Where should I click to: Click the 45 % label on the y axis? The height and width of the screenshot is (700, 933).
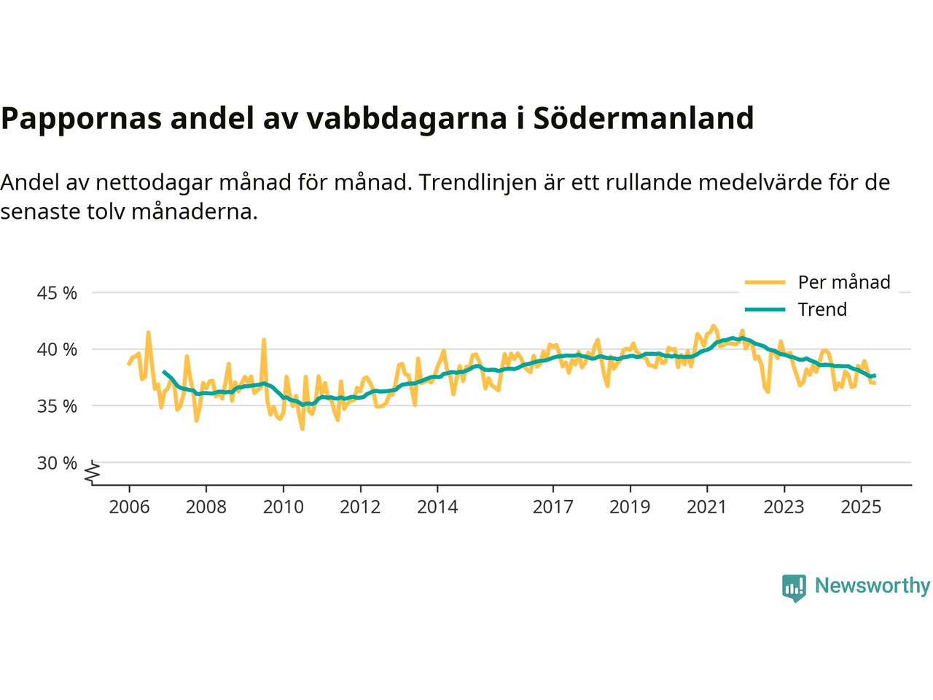[x=57, y=293]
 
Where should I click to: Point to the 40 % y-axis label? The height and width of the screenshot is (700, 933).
[x=57, y=349]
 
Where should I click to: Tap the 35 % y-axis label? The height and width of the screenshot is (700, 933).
[x=57, y=406]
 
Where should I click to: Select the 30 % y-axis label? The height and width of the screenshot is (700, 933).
[x=57, y=463]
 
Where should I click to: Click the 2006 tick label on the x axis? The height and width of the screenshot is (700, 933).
[x=129, y=507]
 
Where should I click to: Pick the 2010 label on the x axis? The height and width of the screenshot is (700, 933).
[x=283, y=507]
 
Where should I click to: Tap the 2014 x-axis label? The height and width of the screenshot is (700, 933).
[x=437, y=507]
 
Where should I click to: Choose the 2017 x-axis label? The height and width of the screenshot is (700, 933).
[x=553, y=507]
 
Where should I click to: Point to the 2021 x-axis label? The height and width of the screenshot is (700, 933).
[x=706, y=507]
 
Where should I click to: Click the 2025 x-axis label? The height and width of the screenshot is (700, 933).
[x=861, y=507]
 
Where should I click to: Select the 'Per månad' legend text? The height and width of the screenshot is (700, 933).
[x=844, y=282]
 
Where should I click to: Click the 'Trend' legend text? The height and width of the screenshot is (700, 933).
[x=822, y=309]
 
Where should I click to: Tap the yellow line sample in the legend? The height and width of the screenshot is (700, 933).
[x=765, y=282]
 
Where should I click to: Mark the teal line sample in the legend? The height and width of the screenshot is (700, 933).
[x=765, y=309]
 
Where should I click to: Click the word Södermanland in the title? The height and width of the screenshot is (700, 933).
[x=644, y=118]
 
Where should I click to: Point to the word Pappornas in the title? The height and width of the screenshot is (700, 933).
[x=81, y=118]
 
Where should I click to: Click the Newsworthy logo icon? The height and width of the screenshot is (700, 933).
[x=794, y=587]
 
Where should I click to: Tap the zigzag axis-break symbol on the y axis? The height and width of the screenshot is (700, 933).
[x=93, y=473]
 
